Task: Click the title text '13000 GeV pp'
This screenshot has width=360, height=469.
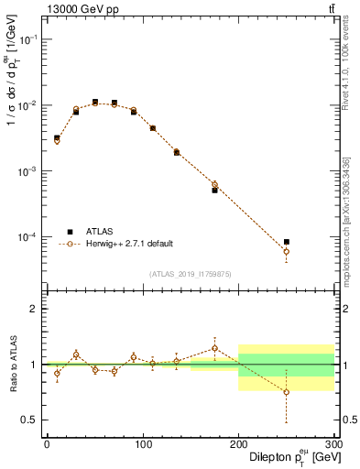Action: pos(80,9)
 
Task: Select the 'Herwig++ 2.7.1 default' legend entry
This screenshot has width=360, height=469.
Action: pos(126,244)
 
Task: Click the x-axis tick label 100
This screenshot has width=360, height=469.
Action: pos(142,444)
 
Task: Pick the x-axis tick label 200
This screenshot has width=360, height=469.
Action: pos(238,444)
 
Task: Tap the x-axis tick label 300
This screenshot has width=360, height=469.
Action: pos(333,444)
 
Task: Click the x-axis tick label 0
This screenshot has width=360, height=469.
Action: pos(47,444)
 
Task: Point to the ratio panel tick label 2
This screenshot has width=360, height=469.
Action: pos(36,309)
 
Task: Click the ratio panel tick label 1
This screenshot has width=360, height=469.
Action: pos(36,365)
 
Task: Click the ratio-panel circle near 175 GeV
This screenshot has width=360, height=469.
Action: pos(214,348)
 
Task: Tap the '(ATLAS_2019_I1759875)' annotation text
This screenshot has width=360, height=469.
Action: pos(191,273)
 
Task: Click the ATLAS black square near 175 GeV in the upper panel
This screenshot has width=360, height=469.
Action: pos(214,191)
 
